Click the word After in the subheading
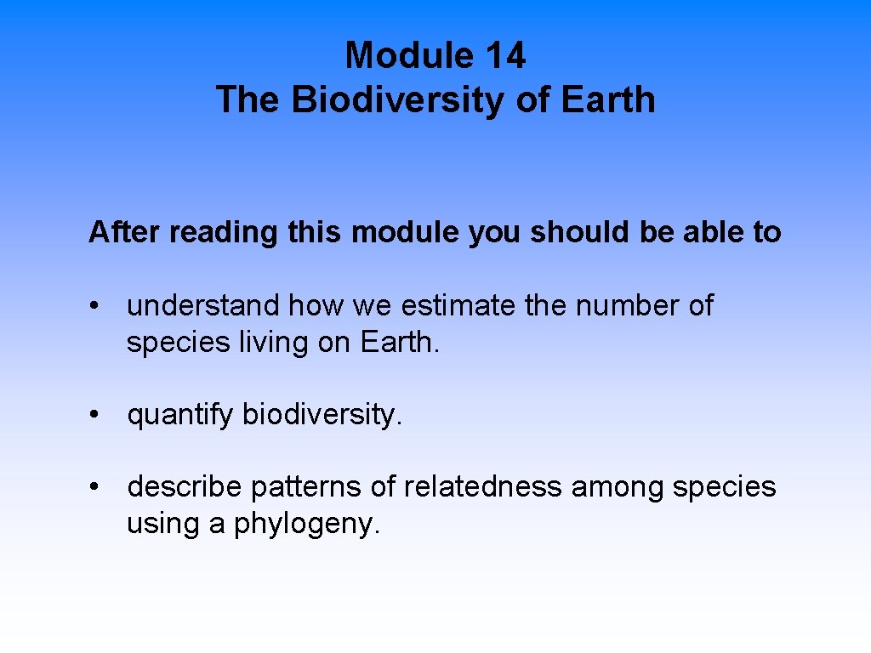[x=125, y=231]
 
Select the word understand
[x=203, y=305]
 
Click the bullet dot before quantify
[x=100, y=415]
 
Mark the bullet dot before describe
[x=100, y=487]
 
